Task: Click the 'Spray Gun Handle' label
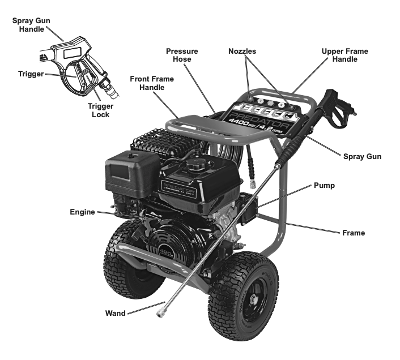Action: (x=32, y=24)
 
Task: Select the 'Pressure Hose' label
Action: (x=181, y=55)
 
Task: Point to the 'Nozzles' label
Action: (x=242, y=51)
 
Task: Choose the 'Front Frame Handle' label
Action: (x=151, y=83)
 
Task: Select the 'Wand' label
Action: (x=115, y=312)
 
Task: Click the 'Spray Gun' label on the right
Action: (x=362, y=156)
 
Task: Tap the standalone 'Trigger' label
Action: (x=30, y=74)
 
